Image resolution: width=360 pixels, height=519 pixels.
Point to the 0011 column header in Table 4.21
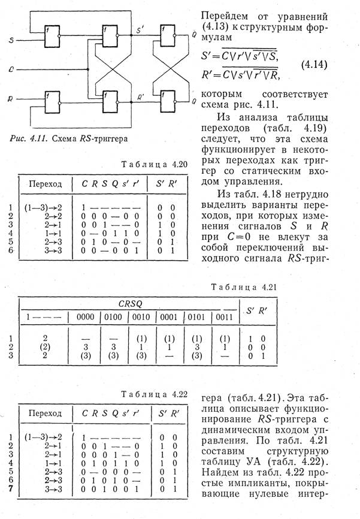(x=224, y=316)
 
